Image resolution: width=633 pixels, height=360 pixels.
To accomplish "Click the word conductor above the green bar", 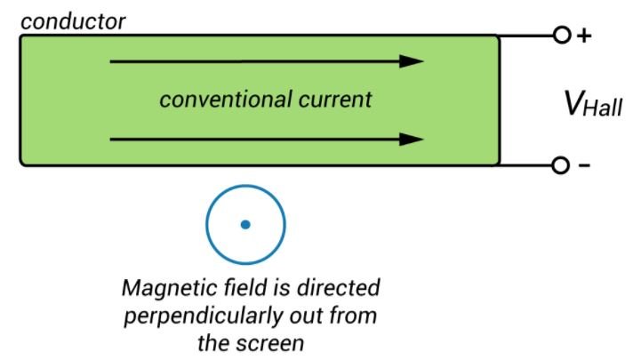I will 73,19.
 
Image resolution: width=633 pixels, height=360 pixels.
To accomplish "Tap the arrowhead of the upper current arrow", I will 411,62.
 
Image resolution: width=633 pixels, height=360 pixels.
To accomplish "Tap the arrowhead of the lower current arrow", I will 411,140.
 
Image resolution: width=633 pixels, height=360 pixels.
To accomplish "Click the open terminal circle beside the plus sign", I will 561,36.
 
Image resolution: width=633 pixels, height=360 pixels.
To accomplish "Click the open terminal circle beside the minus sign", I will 561,165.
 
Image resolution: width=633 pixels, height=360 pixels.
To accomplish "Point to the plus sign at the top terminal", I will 584,36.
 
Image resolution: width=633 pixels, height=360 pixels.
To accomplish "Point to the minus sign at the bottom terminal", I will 584,166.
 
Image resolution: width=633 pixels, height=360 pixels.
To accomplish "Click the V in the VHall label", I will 575,105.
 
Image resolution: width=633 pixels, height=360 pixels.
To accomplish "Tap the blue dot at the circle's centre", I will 245,225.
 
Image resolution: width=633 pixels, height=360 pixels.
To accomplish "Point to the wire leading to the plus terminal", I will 526,36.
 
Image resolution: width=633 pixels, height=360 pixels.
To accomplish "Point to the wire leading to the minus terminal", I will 526,165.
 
